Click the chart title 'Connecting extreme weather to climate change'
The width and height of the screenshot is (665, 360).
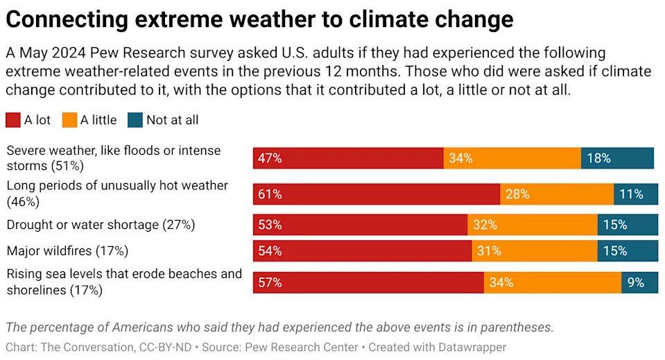point(259,19)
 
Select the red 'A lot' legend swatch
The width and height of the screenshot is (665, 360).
point(13,120)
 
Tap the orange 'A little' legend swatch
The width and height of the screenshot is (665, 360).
point(69,120)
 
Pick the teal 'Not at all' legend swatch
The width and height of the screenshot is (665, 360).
point(135,120)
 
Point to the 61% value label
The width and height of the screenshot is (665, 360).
point(270,194)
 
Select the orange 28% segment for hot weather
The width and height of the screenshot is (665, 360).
point(557,194)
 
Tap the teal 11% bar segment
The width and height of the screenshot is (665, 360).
point(636,194)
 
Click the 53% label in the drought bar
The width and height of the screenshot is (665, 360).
point(270,225)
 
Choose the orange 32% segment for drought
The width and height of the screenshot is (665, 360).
point(533,225)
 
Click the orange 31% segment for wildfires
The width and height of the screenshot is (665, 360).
point(535,251)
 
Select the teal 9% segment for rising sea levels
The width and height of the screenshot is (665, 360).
point(639,282)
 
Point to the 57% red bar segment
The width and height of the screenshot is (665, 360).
point(368,282)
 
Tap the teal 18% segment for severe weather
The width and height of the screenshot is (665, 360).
point(617,158)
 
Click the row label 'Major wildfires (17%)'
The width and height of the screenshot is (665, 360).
point(67,250)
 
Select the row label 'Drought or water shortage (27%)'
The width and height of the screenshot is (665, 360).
point(101,225)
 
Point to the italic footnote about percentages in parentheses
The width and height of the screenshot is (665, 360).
point(279,327)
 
